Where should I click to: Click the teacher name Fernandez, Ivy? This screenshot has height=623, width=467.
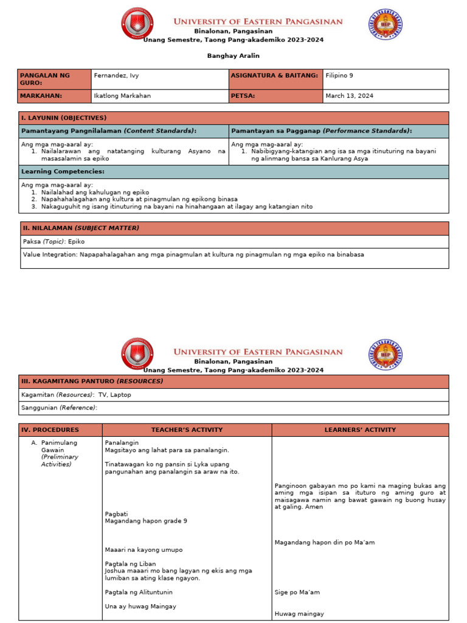click(116, 75)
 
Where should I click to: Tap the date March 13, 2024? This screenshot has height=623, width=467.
click(350, 96)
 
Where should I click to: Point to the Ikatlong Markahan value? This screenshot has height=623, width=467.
click(122, 96)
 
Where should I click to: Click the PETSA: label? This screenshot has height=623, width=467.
click(243, 96)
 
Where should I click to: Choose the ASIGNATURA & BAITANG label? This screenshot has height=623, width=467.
click(274, 75)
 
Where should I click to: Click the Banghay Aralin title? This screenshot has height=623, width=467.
click(233, 56)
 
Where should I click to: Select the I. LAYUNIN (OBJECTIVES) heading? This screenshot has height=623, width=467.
click(64, 118)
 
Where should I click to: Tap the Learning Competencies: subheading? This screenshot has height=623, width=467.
click(63, 172)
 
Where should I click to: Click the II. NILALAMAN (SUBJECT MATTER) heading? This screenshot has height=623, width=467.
click(81, 228)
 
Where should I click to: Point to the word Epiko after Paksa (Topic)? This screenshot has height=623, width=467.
click(77, 242)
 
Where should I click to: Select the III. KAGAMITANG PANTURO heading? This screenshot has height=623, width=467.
click(92, 381)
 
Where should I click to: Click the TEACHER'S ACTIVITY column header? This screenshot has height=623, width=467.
click(187, 430)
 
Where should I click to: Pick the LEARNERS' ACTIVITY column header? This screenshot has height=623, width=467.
click(360, 430)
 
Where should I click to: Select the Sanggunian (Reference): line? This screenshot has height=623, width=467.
click(60, 408)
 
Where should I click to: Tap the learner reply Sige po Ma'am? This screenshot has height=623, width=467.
click(297, 592)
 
